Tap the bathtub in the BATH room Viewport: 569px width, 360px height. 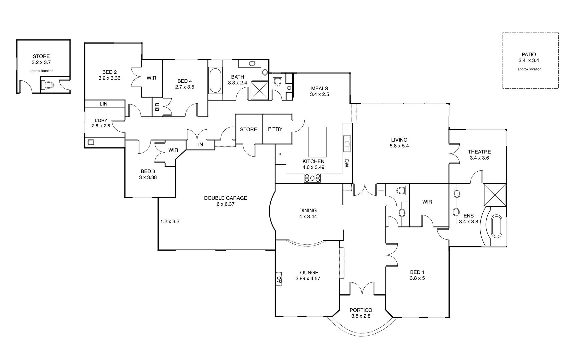pyautogui.click(x=215, y=80)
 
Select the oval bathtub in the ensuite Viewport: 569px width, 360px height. pyautogui.click(x=496, y=227)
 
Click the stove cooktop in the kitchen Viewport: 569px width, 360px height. pyautogui.click(x=312, y=178)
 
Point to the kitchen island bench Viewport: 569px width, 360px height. pyautogui.click(x=317, y=142)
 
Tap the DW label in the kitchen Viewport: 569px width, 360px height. pyautogui.click(x=346, y=163)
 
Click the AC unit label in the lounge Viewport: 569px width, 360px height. pyautogui.click(x=279, y=279)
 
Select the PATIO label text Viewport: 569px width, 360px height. pyautogui.click(x=529, y=55)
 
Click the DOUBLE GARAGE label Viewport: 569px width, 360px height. pyautogui.click(x=225, y=198)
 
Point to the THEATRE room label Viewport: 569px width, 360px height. pyautogui.click(x=479, y=152)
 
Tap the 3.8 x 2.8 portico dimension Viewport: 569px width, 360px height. pyautogui.click(x=361, y=316)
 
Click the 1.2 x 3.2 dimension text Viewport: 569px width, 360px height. pyautogui.click(x=170, y=221)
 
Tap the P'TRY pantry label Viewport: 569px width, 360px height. pyautogui.click(x=275, y=129)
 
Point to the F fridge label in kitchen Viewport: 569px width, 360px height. pyautogui.click(x=280, y=154)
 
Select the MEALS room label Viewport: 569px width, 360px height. pyautogui.click(x=319, y=88)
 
